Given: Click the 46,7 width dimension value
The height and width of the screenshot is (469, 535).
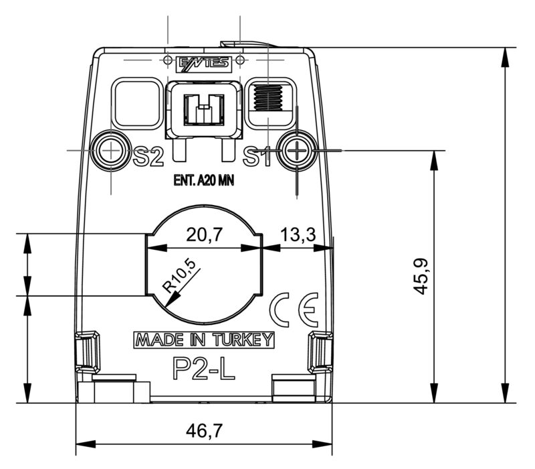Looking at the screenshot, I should click(204, 431).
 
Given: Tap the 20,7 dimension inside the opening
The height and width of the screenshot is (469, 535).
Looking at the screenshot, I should click(204, 234).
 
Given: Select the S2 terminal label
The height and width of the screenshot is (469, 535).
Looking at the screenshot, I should click(148, 157).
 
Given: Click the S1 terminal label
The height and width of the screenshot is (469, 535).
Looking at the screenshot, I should click(256, 157).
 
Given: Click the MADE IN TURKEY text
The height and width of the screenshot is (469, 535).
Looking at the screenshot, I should click(204, 340).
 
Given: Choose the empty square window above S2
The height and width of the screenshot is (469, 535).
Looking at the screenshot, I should click(136, 103).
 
